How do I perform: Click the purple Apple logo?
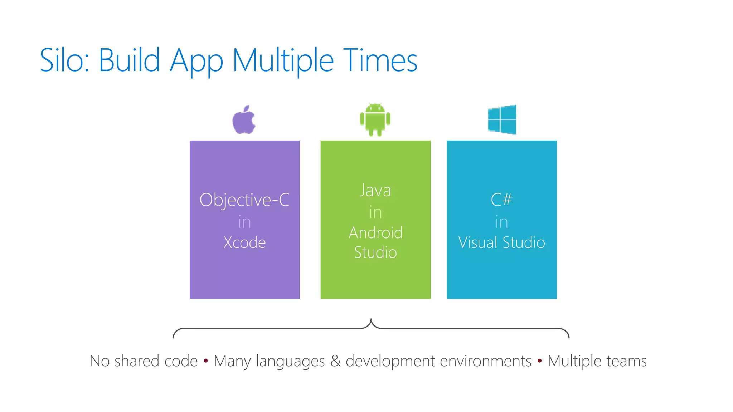[244, 120]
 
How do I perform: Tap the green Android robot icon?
[375, 119]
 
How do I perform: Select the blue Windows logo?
[502, 119]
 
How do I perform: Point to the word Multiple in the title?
[283, 61]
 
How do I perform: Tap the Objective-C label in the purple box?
[244, 200]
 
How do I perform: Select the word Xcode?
[244, 242]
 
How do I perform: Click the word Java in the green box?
[375, 190]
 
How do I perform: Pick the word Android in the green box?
[375, 233]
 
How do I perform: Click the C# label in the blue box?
[501, 200]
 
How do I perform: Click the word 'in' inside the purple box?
[244, 222]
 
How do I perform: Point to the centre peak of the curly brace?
[371, 320]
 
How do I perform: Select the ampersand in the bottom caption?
[335, 361]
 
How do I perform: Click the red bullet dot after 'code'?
[205, 360]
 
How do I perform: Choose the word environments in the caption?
[485, 361]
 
